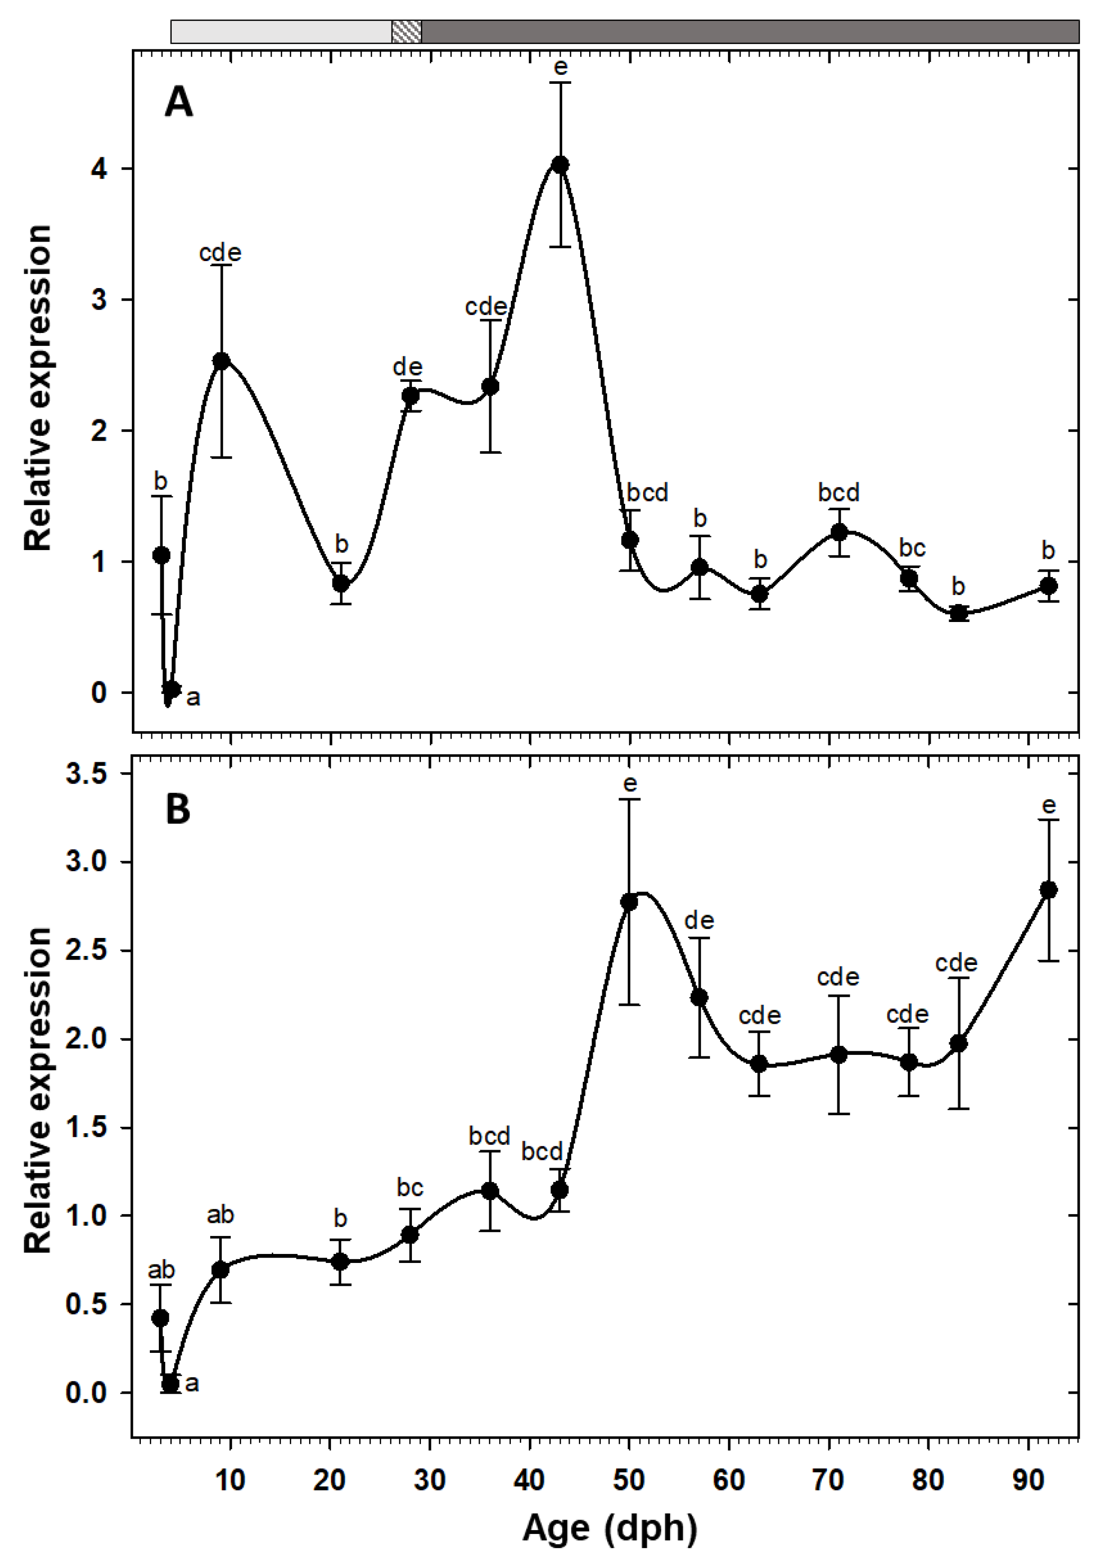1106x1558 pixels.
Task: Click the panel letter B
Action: pyautogui.click(x=178, y=809)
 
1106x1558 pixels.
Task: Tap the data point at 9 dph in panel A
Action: pyautogui.click(x=221, y=360)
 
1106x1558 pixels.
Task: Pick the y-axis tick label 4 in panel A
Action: pyautogui.click(x=99, y=168)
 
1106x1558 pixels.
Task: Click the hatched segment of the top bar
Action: pyautogui.click(x=406, y=32)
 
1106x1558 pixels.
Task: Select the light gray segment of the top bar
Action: pyautogui.click(x=281, y=32)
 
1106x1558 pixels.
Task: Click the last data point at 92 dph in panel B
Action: pyautogui.click(x=1049, y=890)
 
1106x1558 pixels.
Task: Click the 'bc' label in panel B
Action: pyautogui.click(x=410, y=1188)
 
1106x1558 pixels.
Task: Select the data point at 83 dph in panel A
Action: pyautogui.click(x=959, y=614)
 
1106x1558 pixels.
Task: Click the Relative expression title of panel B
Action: pyautogui.click(x=37, y=1090)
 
